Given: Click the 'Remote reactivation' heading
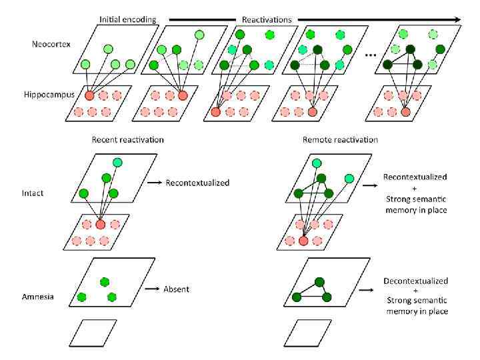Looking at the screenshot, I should click(340, 140).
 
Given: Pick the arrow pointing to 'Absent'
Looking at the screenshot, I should click(154, 289).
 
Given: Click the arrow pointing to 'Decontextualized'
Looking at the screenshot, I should click(365, 291).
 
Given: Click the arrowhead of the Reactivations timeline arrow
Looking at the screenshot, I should click(458, 19).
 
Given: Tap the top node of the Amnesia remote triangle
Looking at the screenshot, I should click(319, 282).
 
